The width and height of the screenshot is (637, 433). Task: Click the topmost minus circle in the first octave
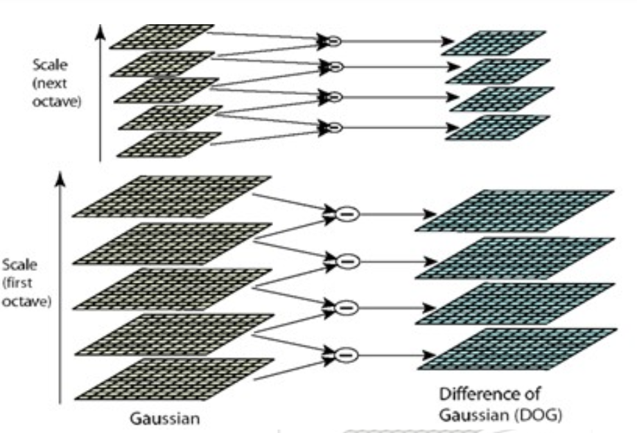pos(348,215)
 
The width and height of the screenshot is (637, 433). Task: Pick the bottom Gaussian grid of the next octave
pos(170,144)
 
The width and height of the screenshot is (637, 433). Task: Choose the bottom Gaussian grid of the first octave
pos(173,379)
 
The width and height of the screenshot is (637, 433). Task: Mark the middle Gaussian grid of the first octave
pos(173,288)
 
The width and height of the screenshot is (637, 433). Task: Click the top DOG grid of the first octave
pos(514,210)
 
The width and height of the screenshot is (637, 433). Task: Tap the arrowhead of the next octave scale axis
pos(101,30)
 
